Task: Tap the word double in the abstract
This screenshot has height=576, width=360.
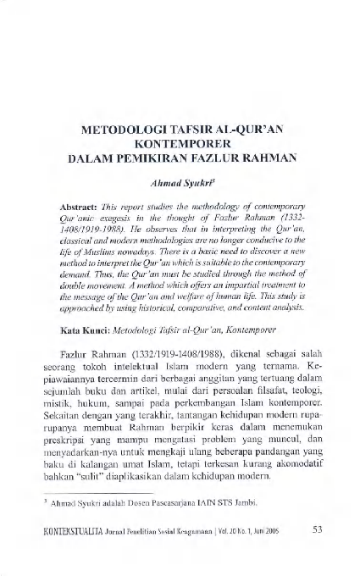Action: (77, 287)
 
